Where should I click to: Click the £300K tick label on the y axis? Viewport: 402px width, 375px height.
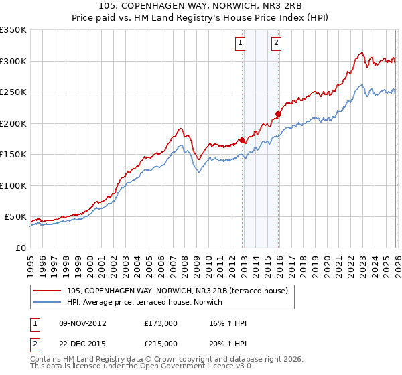(13, 61)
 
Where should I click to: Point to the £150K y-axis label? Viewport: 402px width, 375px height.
(13, 154)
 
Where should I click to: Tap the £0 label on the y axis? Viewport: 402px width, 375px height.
(20, 248)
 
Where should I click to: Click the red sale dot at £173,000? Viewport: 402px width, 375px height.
(242, 141)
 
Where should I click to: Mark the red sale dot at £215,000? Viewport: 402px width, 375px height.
(279, 115)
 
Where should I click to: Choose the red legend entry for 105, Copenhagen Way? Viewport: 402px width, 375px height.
(177, 290)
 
